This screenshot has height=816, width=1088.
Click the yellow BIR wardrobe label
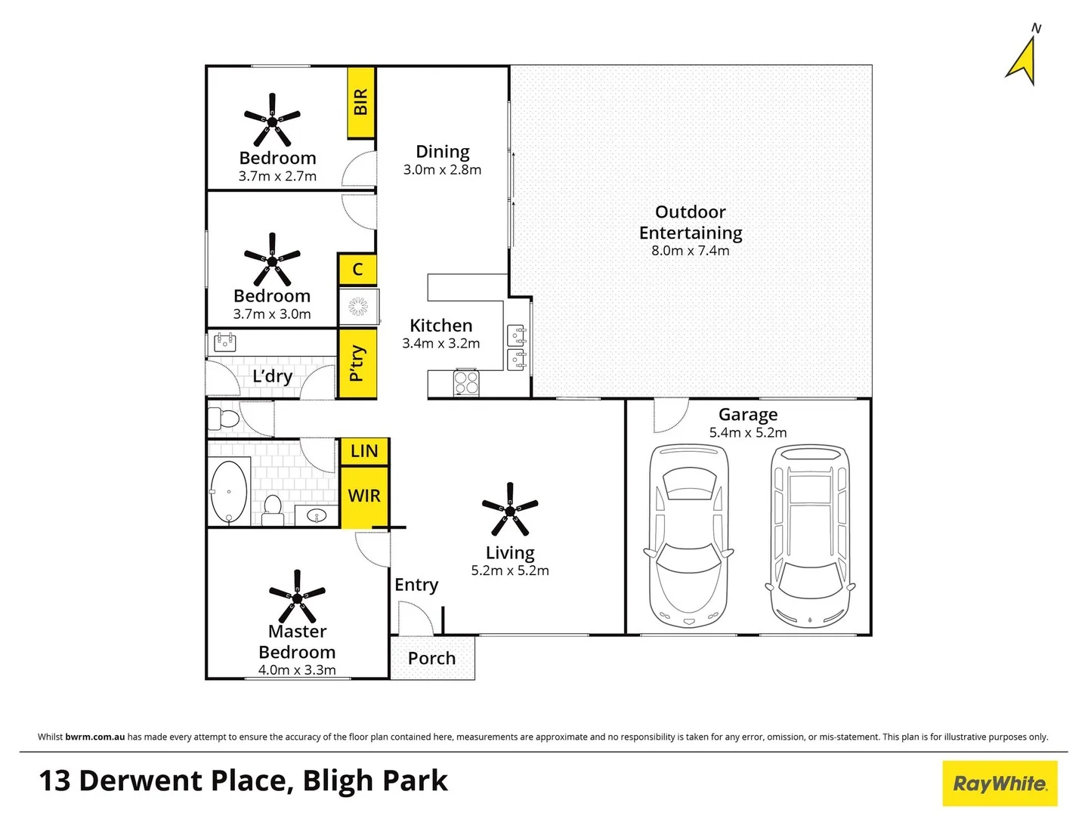click(x=360, y=103)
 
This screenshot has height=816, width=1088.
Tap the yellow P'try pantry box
click(x=357, y=363)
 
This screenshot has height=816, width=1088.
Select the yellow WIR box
click(x=364, y=496)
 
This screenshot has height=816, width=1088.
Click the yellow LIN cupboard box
click(x=364, y=451)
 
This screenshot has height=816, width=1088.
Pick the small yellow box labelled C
click(x=357, y=269)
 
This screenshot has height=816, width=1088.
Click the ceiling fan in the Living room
click(x=510, y=509)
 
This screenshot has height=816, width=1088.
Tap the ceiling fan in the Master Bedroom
click(x=297, y=596)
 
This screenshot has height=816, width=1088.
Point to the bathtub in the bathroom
click(x=229, y=492)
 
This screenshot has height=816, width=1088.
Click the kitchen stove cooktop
click(x=466, y=382)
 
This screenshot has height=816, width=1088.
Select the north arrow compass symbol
click(x=1023, y=57)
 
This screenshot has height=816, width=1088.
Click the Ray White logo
click(x=1000, y=784)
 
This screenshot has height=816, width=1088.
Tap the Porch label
click(x=432, y=658)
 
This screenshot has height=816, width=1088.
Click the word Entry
click(x=416, y=585)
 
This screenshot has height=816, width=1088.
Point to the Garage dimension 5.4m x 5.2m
click(x=748, y=433)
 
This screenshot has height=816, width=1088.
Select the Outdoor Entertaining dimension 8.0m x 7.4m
click(x=691, y=251)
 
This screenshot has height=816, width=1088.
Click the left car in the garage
click(x=689, y=536)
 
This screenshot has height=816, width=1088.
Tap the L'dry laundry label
click(x=272, y=376)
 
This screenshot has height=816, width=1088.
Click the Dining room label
click(x=443, y=152)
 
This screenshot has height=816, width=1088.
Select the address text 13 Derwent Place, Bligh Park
click(x=243, y=781)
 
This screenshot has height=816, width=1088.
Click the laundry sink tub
click(x=224, y=342)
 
